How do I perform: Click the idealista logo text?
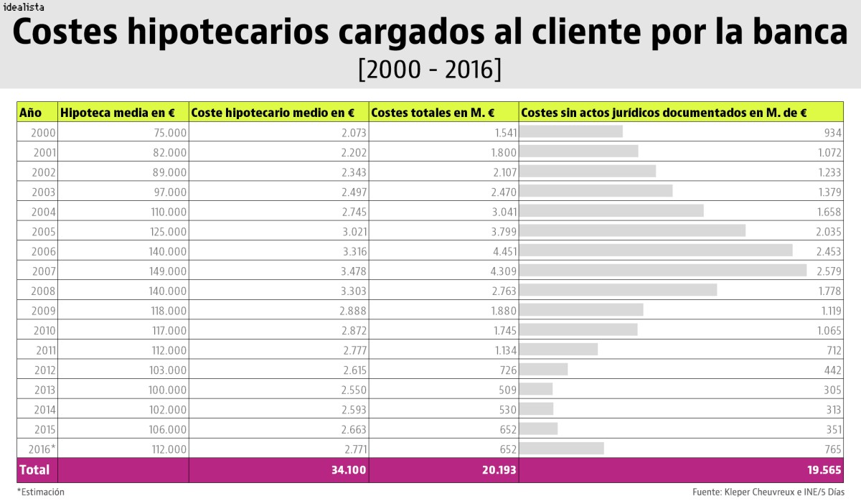[x=23, y=7]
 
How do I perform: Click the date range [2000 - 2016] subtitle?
[x=429, y=70]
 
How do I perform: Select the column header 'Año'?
[x=31, y=113]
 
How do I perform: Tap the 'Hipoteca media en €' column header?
[x=118, y=113]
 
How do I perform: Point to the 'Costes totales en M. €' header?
[x=433, y=113]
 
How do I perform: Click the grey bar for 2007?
[x=662, y=270]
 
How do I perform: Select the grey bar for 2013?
[x=536, y=388]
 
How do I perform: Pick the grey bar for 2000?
[x=570, y=131]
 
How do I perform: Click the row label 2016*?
[x=42, y=449]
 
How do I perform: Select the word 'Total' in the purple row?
[x=34, y=470]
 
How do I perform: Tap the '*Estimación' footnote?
[x=40, y=492]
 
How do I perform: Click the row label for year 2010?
[x=44, y=329]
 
